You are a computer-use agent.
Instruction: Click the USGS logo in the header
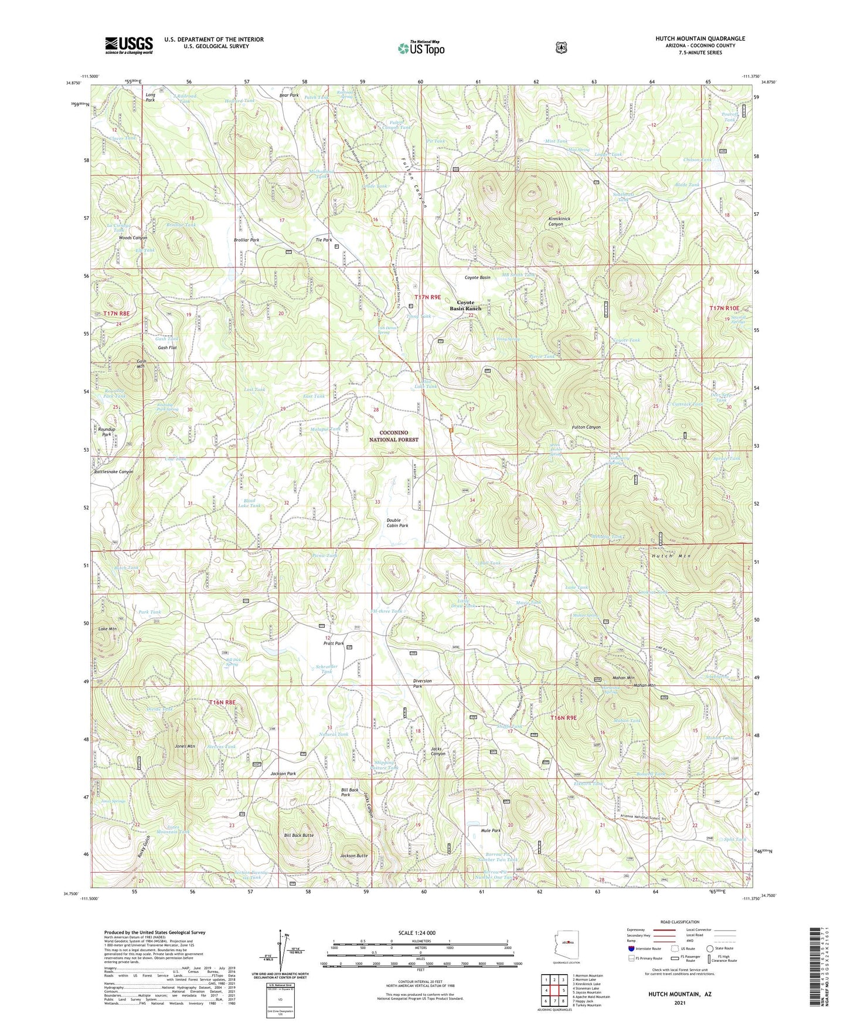[x=128, y=45]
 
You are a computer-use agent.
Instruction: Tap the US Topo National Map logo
[x=420, y=48]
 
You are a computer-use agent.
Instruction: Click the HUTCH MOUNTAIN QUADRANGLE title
[x=700, y=39]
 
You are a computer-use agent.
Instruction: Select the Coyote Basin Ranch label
[x=465, y=306]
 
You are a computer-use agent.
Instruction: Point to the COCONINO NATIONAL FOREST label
[x=394, y=436]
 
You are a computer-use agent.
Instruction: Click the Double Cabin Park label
[x=397, y=523]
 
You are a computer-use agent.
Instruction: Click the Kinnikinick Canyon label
[x=555, y=221]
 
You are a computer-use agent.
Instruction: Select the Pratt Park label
[x=334, y=643]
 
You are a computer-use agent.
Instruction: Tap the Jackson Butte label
[x=353, y=856]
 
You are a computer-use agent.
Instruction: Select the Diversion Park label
[x=422, y=683]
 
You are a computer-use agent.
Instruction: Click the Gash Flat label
[x=167, y=348]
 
